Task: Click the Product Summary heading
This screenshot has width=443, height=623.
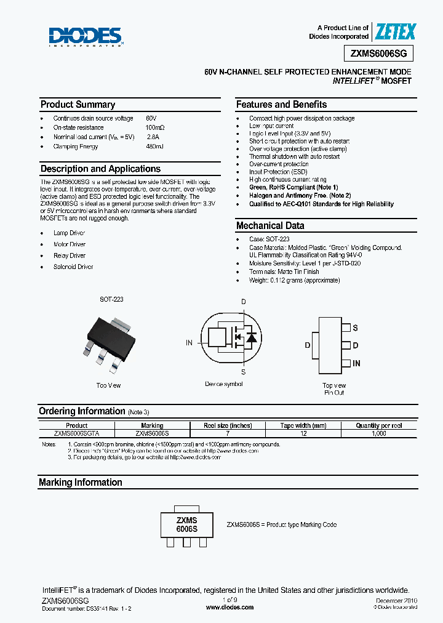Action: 78,105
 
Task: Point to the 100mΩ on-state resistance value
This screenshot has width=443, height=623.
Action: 155,127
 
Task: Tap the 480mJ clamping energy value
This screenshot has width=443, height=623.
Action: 155,147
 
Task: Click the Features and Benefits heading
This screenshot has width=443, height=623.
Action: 281,105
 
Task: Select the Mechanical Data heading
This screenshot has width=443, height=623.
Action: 269,226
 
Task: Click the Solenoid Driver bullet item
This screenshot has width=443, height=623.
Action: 73,267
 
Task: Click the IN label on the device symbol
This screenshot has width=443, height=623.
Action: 190,342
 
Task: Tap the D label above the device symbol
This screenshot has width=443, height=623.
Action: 243,302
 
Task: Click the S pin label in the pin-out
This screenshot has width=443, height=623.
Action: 356,328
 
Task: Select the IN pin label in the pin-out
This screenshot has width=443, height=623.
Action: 357,363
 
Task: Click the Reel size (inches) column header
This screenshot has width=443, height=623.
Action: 228,425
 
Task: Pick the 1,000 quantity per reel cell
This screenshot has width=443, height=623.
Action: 379,433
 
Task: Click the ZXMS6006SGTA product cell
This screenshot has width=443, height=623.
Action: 76,433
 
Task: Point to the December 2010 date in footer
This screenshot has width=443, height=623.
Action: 395,600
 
